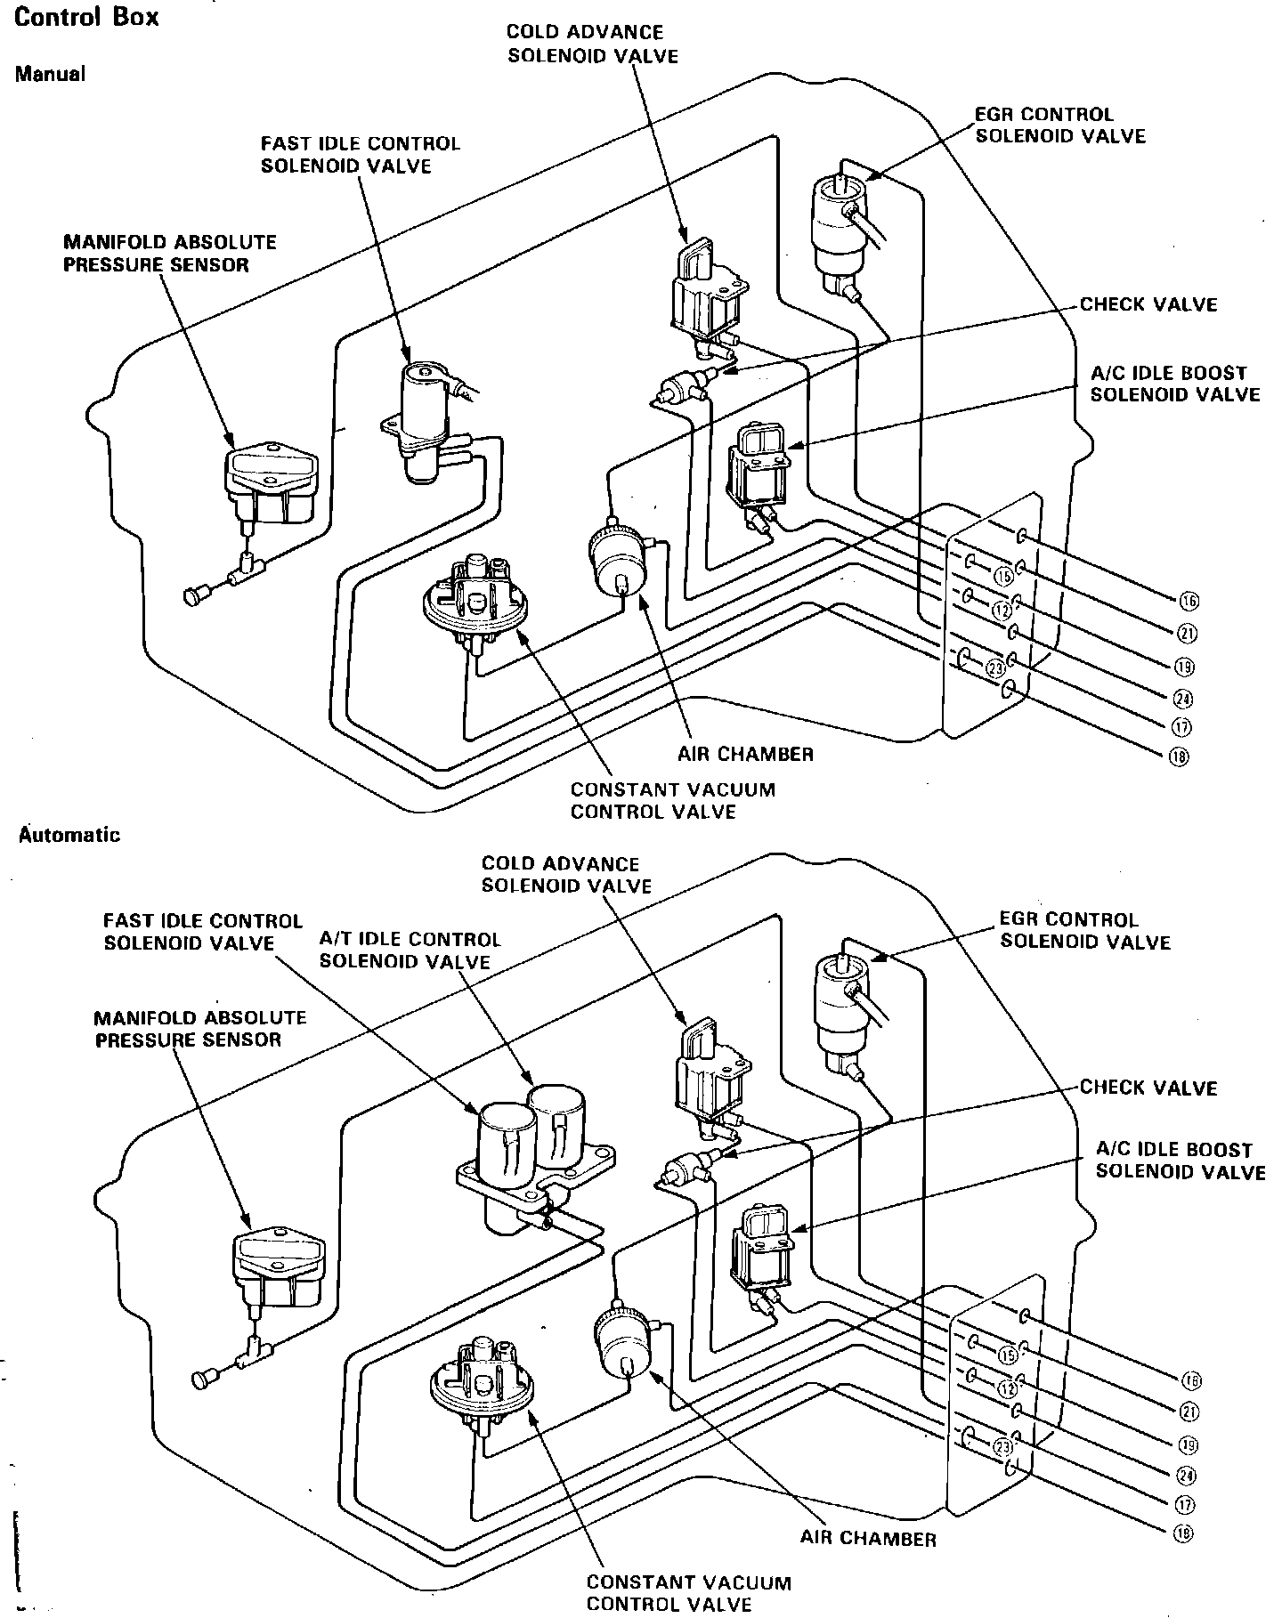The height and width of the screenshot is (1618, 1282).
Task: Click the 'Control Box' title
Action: click(86, 18)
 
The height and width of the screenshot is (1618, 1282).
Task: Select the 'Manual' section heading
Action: click(50, 75)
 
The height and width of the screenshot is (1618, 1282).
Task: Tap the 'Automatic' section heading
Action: click(69, 835)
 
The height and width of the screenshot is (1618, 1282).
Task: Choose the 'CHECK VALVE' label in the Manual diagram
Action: click(1148, 304)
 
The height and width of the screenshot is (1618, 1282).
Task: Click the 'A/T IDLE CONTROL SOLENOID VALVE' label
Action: click(410, 951)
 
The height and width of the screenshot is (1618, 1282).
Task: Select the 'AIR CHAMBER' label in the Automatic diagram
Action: click(868, 1539)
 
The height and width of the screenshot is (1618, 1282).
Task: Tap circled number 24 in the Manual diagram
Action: click(1185, 698)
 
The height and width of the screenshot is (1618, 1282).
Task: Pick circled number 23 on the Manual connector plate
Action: click(996, 666)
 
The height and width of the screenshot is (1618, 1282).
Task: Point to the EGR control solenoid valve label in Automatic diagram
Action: click(1084, 930)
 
